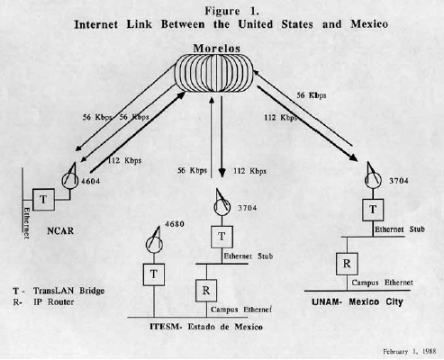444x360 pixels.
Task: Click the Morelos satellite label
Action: (216, 49)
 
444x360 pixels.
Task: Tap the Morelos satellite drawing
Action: (214, 73)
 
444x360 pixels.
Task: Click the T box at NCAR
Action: (43, 200)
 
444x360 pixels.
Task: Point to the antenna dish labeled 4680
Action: (155, 242)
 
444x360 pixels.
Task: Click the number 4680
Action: (175, 224)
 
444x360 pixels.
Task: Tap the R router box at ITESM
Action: (206, 291)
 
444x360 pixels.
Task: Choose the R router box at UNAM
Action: (347, 264)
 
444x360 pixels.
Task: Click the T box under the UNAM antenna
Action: (373, 210)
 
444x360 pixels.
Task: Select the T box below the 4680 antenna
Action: (154, 274)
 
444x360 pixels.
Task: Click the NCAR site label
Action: (60, 231)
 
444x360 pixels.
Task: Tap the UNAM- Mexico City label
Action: (358, 301)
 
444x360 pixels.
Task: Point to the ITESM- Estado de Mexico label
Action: (206, 327)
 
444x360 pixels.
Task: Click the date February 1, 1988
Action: (410, 352)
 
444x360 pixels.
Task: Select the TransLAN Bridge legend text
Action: (68, 291)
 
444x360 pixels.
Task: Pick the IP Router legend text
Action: (53, 301)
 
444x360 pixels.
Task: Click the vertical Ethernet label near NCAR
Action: (26, 222)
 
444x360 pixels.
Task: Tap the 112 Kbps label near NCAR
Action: (124, 160)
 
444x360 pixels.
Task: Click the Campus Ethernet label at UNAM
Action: (382, 283)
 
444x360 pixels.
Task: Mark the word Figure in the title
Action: (222, 11)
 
